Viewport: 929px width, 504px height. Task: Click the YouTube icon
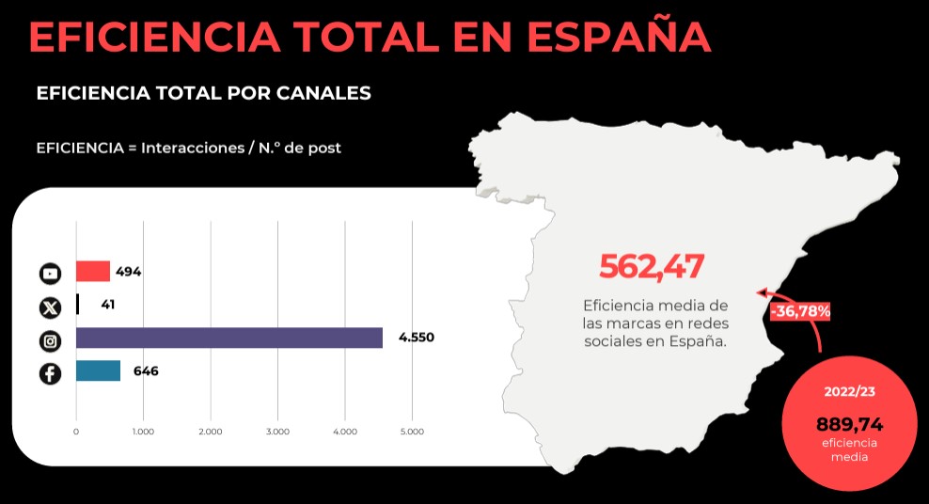[x=50, y=274]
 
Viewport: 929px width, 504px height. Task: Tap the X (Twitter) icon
[x=50, y=307]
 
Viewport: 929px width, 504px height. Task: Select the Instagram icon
[x=50, y=340]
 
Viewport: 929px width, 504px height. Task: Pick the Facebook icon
[x=50, y=373]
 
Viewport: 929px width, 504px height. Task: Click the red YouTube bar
[x=93, y=272]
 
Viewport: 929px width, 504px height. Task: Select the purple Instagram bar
[x=228, y=338]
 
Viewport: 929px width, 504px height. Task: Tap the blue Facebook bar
[x=98, y=370]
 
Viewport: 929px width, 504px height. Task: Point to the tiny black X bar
[x=77, y=304]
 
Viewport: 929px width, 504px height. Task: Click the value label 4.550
[x=417, y=338]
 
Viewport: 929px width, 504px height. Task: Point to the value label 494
[x=128, y=272]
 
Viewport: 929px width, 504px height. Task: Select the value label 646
[x=145, y=370]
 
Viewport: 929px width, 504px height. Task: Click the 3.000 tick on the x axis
[x=277, y=432]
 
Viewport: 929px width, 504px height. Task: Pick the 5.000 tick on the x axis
[x=412, y=432]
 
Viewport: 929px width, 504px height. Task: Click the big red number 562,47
[x=652, y=267]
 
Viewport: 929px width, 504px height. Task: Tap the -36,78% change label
[x=800, y=310]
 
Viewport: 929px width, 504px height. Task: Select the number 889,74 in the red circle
[x=849, y=423]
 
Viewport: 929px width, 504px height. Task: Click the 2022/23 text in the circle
[x=849, y=391]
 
